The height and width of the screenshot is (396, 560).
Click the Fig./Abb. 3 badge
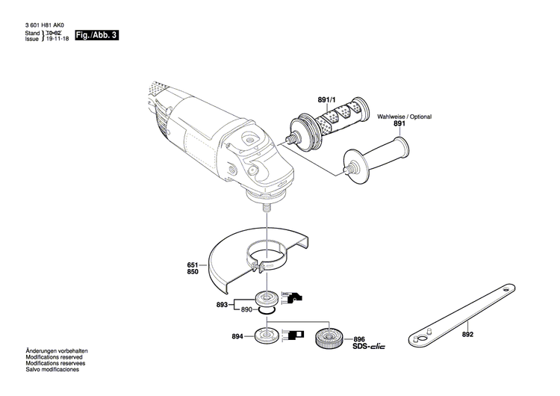pyautogui.click(x=98, y=36)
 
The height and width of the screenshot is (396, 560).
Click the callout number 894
pyautogui.click(x=238, y=337)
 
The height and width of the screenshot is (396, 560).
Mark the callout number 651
pyautogui.click(x=193, y=264)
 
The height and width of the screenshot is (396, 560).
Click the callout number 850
pyautogui.click(x=193, y=273)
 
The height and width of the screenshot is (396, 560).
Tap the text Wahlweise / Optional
pyautogui.click(x=404, y=117)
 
